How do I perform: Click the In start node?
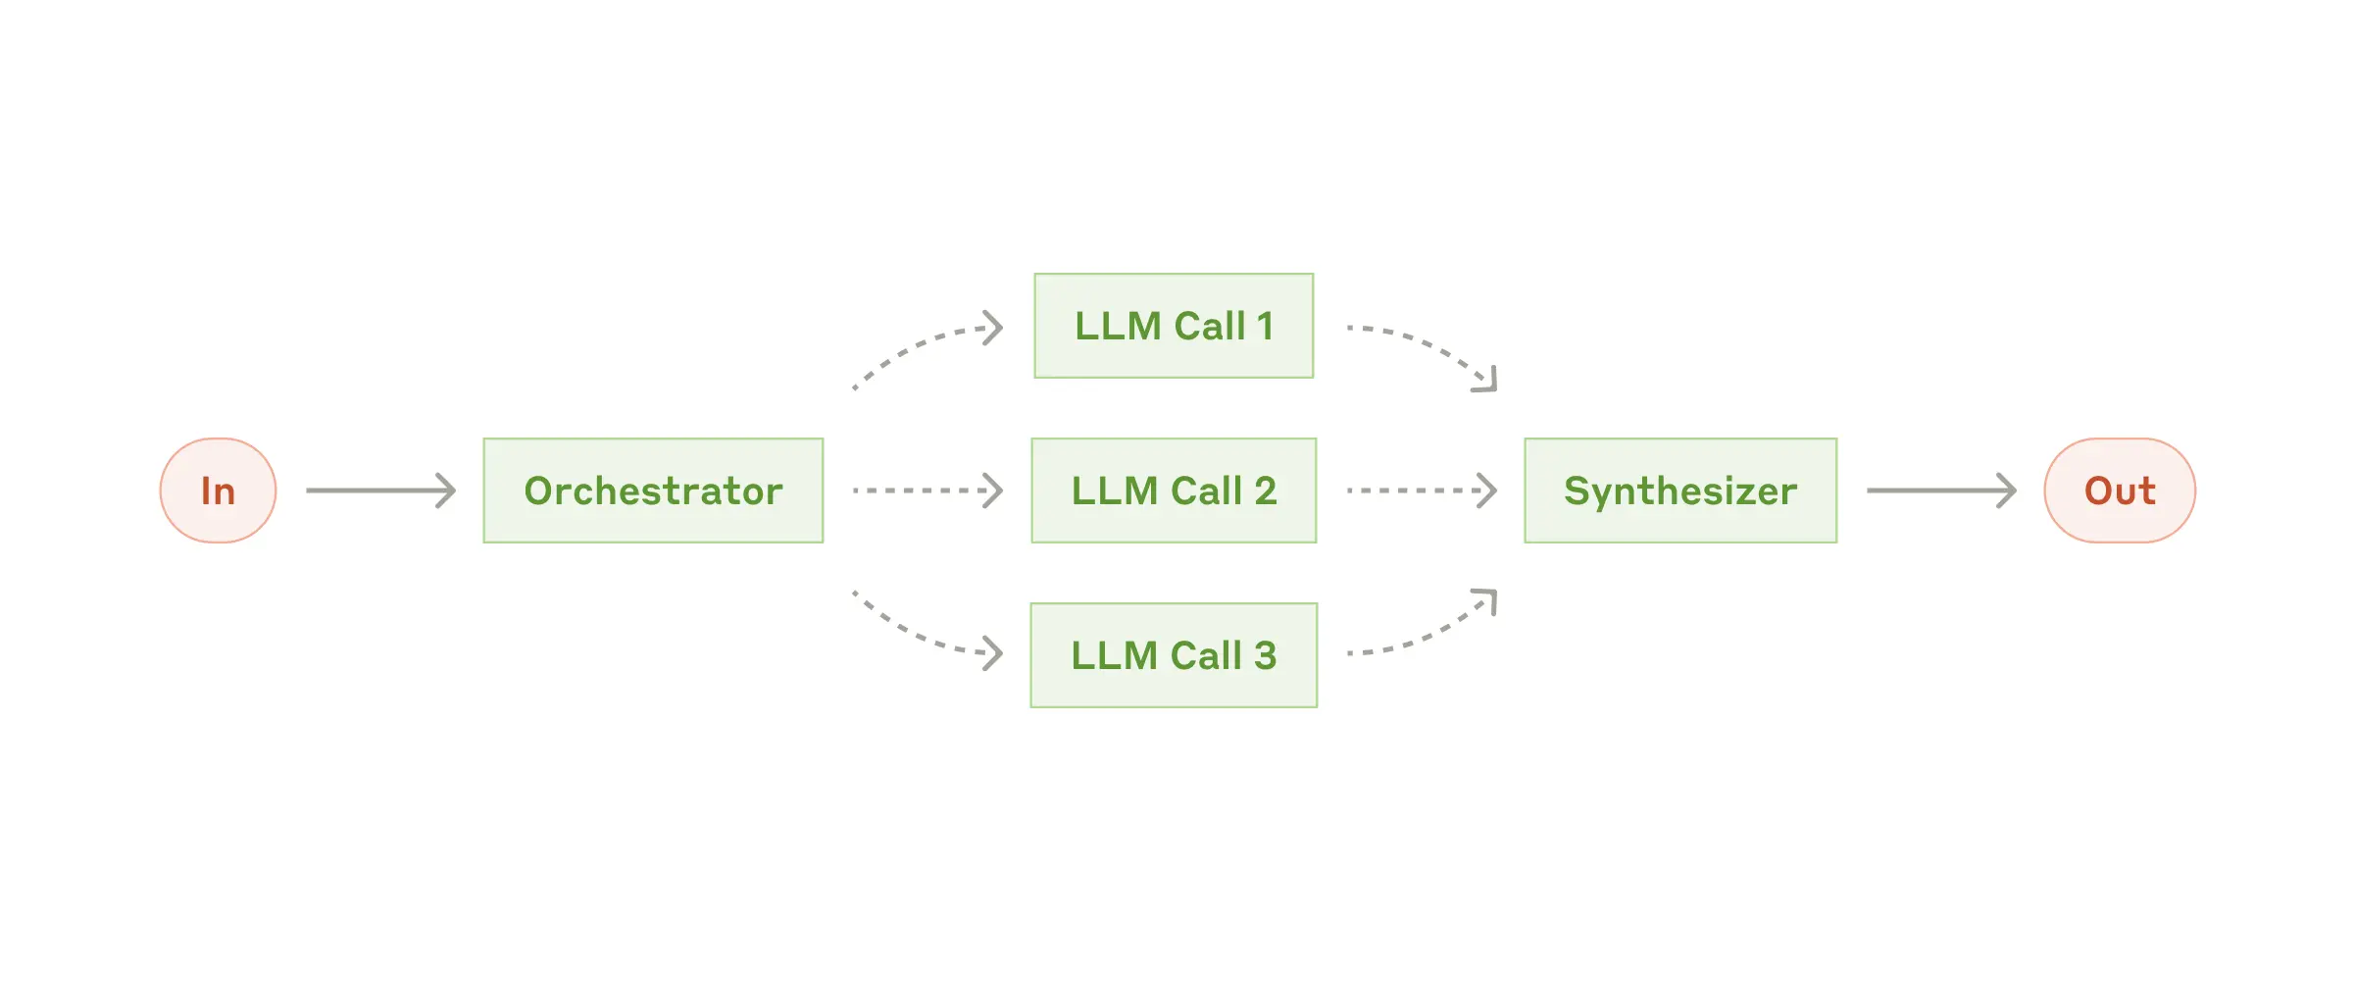point(218,490)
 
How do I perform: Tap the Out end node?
point(2120,490)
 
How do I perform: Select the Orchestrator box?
point(653,490)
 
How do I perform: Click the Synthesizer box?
point(1680,490)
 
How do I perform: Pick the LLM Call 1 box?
point(1174,326)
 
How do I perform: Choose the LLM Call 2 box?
point(1174,490)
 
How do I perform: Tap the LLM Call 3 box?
point(1174,655)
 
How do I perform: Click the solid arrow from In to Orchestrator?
point(380,490)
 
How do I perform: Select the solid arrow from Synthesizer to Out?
point(1941,490)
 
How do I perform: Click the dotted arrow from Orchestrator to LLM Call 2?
point(927,490)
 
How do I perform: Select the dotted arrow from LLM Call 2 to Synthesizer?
point(1422,490)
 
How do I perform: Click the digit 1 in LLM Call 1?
point(1265,326)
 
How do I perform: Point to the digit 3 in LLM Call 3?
point(1265,655)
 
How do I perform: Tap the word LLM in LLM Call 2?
point(1114,490)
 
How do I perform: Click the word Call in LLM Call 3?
point(1206,655)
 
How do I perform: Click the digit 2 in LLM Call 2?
point(1265,490)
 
